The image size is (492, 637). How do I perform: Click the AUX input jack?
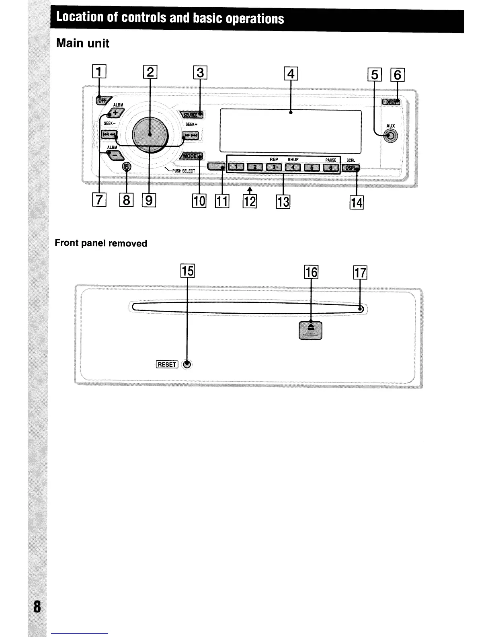point(390,137)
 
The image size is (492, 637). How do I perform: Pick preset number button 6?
point(331,167)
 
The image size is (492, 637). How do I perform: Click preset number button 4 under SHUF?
point(293,167)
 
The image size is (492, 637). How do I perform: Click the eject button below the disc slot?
point(311,330)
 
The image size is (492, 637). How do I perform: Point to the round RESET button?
point(187,365)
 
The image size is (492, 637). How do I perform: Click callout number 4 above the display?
point(291,74)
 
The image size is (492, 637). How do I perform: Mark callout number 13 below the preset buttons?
point(283,201)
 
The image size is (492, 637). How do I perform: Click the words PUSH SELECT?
point(184,171)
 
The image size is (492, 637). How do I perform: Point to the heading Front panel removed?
point(101,243)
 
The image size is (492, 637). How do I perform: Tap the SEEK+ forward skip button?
point(191,135)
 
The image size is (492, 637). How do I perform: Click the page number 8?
point(37,606)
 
